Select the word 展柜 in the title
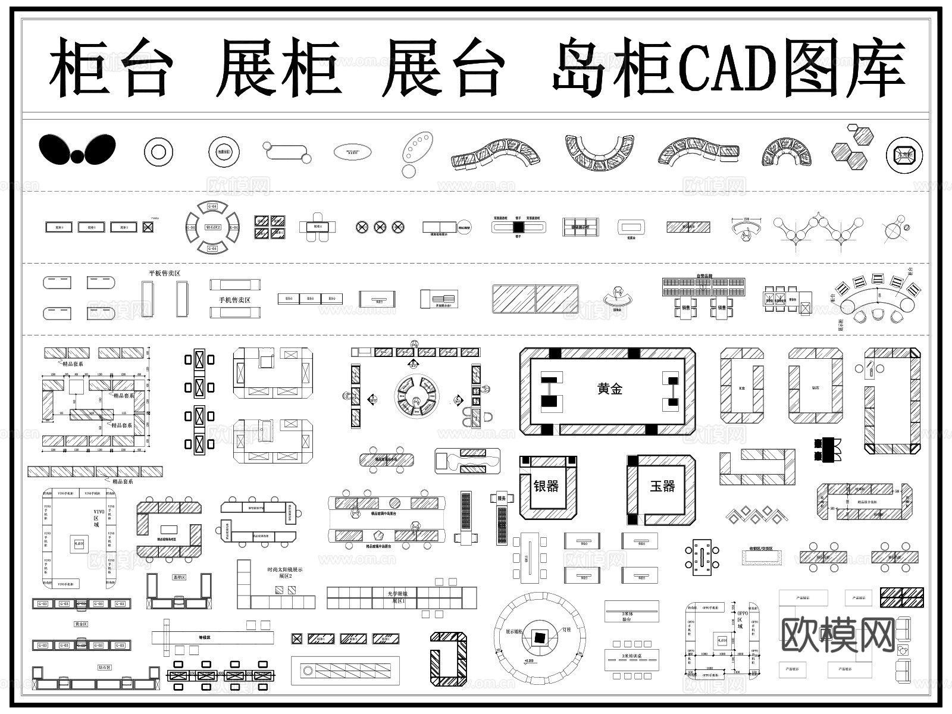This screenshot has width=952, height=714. (278, 67)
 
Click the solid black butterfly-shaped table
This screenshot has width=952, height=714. (77, 149)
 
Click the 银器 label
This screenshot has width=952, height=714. (546, 486)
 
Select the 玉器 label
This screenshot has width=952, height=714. (662, 486)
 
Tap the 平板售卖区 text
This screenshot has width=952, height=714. (164, 273)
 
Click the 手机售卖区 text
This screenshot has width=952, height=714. (230, 300)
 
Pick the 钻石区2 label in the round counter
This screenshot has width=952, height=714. (212, 227)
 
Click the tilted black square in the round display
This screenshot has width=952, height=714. (540, 637)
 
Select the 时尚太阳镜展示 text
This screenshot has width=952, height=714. (284, 569)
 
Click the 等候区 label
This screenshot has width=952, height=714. (205, 637)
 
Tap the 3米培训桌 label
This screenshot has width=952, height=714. (631, 656)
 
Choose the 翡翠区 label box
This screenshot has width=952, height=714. (179, 577)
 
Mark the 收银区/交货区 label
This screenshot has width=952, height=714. (760, 549)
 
